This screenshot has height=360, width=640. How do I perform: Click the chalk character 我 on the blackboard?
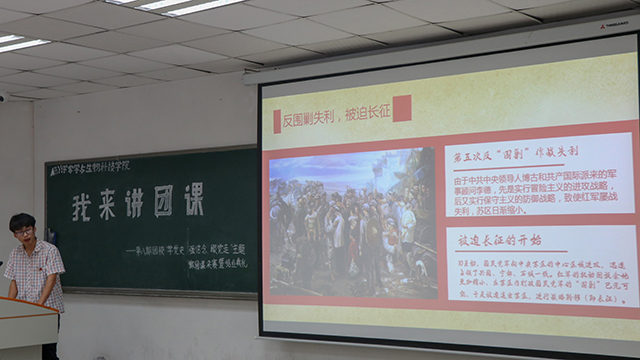click(83, 208)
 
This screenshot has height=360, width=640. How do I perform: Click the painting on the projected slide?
click(352, 223)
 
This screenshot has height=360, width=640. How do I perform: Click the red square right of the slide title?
click(402, 108)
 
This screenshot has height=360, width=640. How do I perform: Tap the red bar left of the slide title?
click(277, 121)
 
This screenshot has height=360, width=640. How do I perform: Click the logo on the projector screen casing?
click(613, 25)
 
